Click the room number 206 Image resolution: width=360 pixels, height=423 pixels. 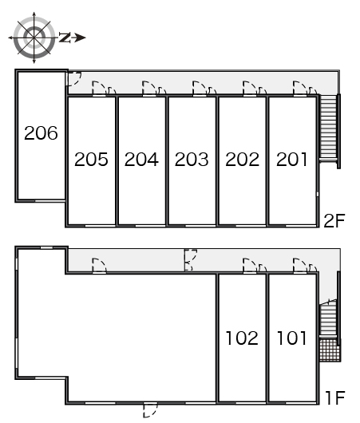[x=41, y=133]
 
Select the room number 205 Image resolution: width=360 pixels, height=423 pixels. [x=91, y=159]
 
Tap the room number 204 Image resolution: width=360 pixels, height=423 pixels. [x=141, y=159]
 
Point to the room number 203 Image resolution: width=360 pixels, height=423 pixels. [x=192, y=159]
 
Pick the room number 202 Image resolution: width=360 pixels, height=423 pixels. [x=242, y=159]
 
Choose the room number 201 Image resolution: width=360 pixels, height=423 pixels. [x=291, y=159]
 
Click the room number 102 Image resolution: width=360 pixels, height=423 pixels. [x=242, y=338]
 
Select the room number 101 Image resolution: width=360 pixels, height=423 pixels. [x=292, y=338]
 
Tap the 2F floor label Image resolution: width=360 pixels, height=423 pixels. [x=334, y=220]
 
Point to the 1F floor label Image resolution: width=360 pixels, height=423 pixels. [x=335, y=397]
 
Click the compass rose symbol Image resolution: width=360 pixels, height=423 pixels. [x=34, y=38]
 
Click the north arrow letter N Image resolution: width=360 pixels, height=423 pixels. [x=65, y=38]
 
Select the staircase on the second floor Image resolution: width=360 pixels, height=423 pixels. [x=328, y=128]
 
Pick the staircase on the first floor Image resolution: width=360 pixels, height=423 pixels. [x=328, y=318]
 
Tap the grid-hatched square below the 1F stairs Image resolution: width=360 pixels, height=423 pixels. [x=330, y=350]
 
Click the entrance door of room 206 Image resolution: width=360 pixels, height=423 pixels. [x=73, y=79]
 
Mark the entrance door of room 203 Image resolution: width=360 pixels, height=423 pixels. [x=200, y=89]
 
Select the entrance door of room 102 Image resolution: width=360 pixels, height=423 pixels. [x=250, y=266]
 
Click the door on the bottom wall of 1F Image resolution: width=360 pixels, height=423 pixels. [x=150, y=409]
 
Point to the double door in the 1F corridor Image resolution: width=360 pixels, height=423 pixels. [x=191, y=260]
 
